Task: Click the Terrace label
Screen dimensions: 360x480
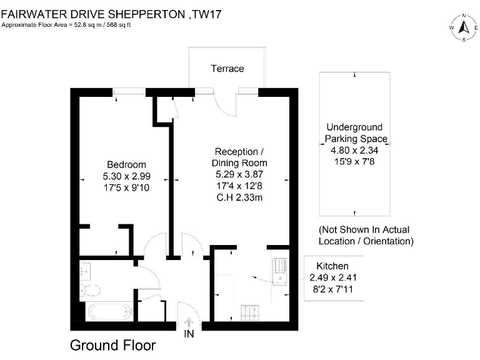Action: tap(227, 69)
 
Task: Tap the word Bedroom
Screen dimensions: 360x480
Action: tap(126, 164)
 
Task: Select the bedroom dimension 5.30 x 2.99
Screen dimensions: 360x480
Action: tap(126, 176)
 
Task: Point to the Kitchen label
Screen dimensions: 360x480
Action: tap(332, 266)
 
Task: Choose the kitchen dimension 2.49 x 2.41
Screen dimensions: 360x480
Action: tap(333, 277)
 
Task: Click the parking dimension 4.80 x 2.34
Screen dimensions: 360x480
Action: tap(354, 150)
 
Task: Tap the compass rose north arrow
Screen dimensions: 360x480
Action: tap(464, 27)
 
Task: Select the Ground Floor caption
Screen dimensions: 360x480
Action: tap(112, 345)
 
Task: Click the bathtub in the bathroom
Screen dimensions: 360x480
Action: tap(109, 311)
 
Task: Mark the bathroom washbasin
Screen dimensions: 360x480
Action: tap(85, 271)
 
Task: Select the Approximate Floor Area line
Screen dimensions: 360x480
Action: tap(69, 25)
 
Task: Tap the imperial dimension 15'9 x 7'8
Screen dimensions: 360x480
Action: tap(354, 161)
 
